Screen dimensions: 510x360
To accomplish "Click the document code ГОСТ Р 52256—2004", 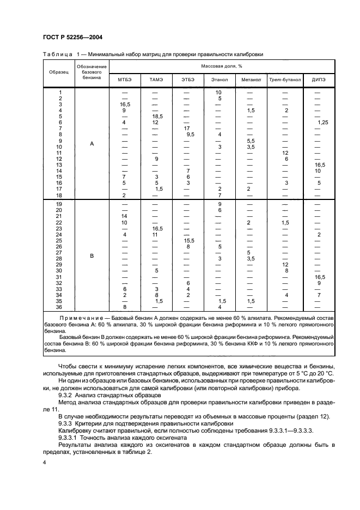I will click(x=73, y=37).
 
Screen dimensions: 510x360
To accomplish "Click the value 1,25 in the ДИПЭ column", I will click(x=322, y=123).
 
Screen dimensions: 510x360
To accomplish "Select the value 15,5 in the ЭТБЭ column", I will click(x=188, y=240).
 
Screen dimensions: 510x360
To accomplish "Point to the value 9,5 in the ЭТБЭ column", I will click(x=190, y=135).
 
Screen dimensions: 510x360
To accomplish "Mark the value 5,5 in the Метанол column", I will click(x=250, y=141).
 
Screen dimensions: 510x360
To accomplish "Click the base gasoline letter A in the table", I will click(x=91, y=144).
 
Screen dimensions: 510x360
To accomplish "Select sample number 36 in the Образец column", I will click(x=59, y=307).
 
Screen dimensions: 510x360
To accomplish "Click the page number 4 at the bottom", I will click(x=45, y=463).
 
